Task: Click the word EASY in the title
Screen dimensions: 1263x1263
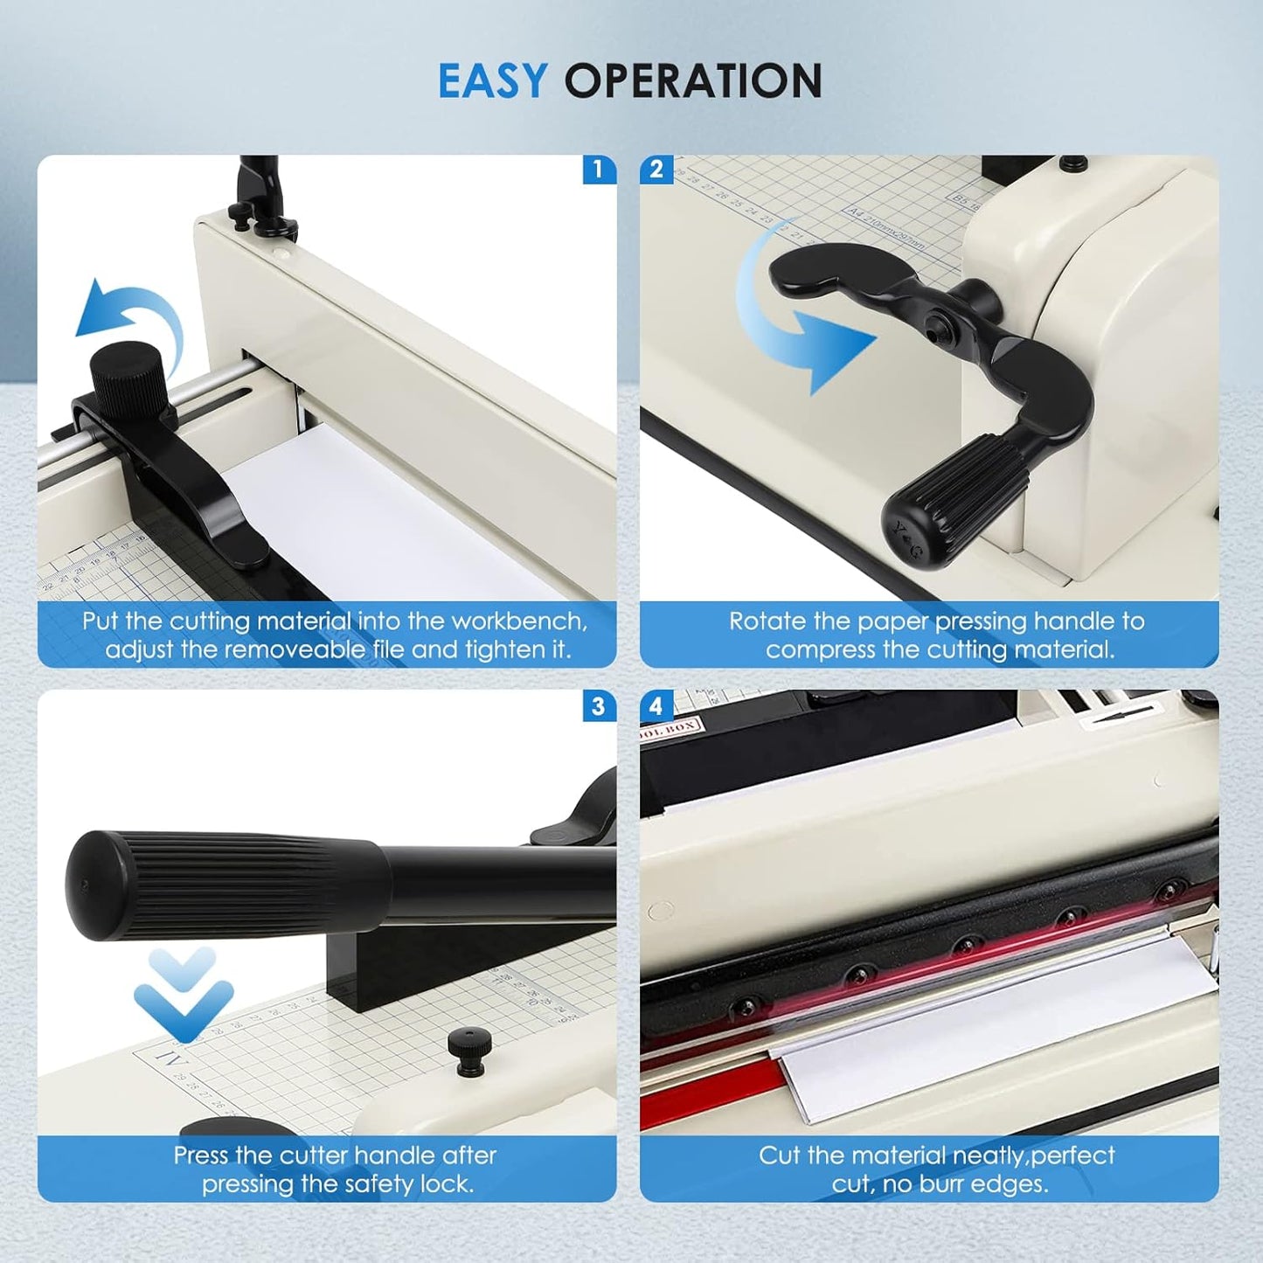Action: [492, 80]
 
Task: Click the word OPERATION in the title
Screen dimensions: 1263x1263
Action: [692, 80]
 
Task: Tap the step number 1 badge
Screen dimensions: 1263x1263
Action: [599, 169]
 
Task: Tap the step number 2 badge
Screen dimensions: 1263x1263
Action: [656, 169]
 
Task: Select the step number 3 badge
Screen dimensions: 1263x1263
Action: [599, 705]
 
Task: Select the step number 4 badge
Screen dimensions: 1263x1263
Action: [656, 705]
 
